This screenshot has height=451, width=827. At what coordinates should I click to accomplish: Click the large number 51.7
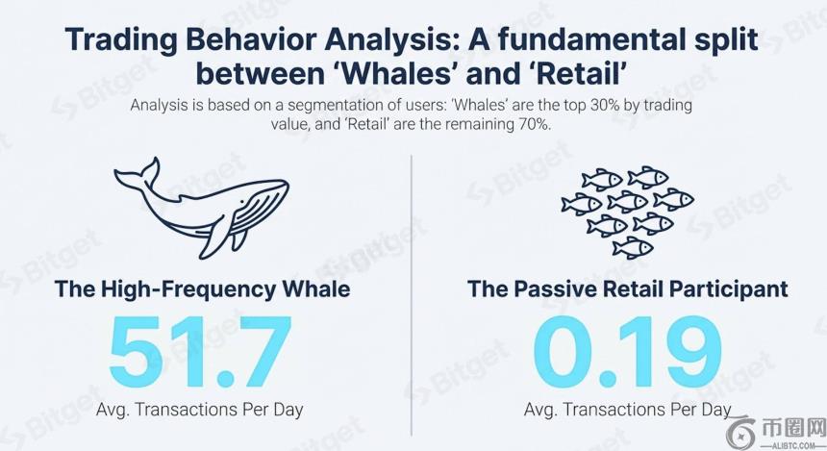[x=200, y=351]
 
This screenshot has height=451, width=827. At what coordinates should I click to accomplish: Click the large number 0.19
[x=627, y=351]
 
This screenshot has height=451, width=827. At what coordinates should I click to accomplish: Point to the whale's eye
[x=242, y=203]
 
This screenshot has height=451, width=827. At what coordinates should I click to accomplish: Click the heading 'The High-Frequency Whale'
[x=202, y=289]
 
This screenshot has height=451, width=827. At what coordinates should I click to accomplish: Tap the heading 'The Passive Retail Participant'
[x=628, y=289]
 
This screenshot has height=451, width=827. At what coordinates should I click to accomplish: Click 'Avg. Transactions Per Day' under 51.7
[x=199, y=410]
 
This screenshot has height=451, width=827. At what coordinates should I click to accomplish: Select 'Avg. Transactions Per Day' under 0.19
[x=628, y=410]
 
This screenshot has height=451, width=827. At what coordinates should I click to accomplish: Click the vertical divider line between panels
[x=412, y=295]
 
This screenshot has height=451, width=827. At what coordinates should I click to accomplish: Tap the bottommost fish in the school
[x=633, y=247]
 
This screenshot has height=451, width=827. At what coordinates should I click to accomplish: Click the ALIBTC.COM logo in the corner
[x=775, y=433]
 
